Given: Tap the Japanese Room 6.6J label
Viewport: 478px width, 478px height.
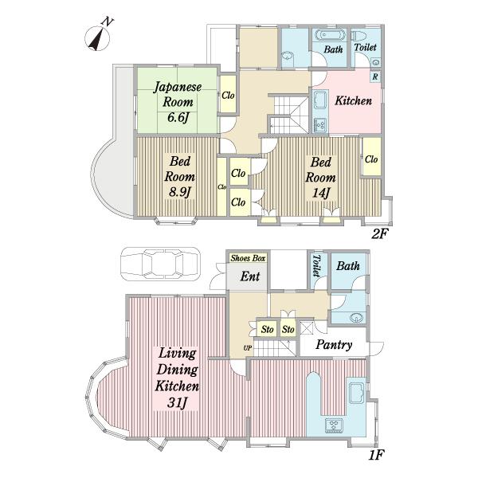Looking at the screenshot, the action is coord(178,102).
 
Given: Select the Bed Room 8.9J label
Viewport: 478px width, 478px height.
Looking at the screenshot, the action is coord(179,177).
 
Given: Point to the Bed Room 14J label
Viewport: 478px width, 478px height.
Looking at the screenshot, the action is coord(321,178).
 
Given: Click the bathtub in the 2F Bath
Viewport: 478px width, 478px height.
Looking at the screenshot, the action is coord(331,35).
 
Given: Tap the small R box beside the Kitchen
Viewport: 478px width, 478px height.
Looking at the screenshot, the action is coord(375,76).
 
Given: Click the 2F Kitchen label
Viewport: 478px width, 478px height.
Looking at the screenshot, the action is coord(353,100).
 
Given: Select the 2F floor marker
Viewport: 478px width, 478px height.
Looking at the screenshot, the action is coord(379,233).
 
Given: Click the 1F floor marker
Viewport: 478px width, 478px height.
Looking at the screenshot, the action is coord(375,455).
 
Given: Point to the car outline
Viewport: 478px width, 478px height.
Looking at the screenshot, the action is coord(161,264).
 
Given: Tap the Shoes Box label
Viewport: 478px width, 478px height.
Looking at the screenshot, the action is coord(248,258).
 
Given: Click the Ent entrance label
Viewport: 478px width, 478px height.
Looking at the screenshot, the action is coord(250,276).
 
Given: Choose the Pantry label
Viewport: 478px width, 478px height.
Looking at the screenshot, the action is coord(334,344).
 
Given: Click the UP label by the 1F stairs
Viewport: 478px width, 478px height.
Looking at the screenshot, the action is coord(248,347).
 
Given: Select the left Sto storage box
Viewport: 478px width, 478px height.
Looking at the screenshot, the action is coord(267,329).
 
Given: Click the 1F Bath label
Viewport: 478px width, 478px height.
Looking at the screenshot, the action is coord(348,266).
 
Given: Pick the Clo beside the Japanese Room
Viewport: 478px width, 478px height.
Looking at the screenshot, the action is coord(228,94).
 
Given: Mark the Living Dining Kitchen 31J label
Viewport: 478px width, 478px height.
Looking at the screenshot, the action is coord(177,378).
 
